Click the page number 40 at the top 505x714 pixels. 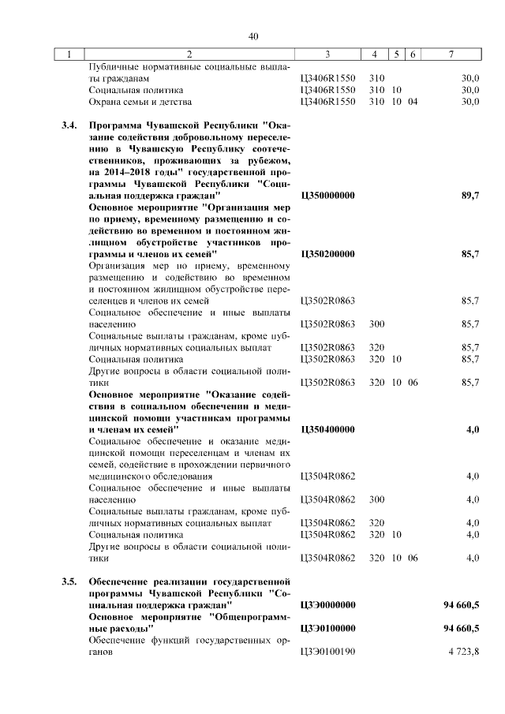pos(252,36)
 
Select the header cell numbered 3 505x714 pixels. pos(327,54)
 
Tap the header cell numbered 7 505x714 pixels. pos(451,54)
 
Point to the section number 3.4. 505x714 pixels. pos(69,125)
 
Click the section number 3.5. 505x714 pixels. pos(69,581)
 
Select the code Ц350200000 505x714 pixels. pos(328,254)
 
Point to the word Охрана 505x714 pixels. pos(107,102)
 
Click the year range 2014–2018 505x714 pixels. pos(131,171)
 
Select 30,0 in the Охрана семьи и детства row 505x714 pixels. pos(470,102)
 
